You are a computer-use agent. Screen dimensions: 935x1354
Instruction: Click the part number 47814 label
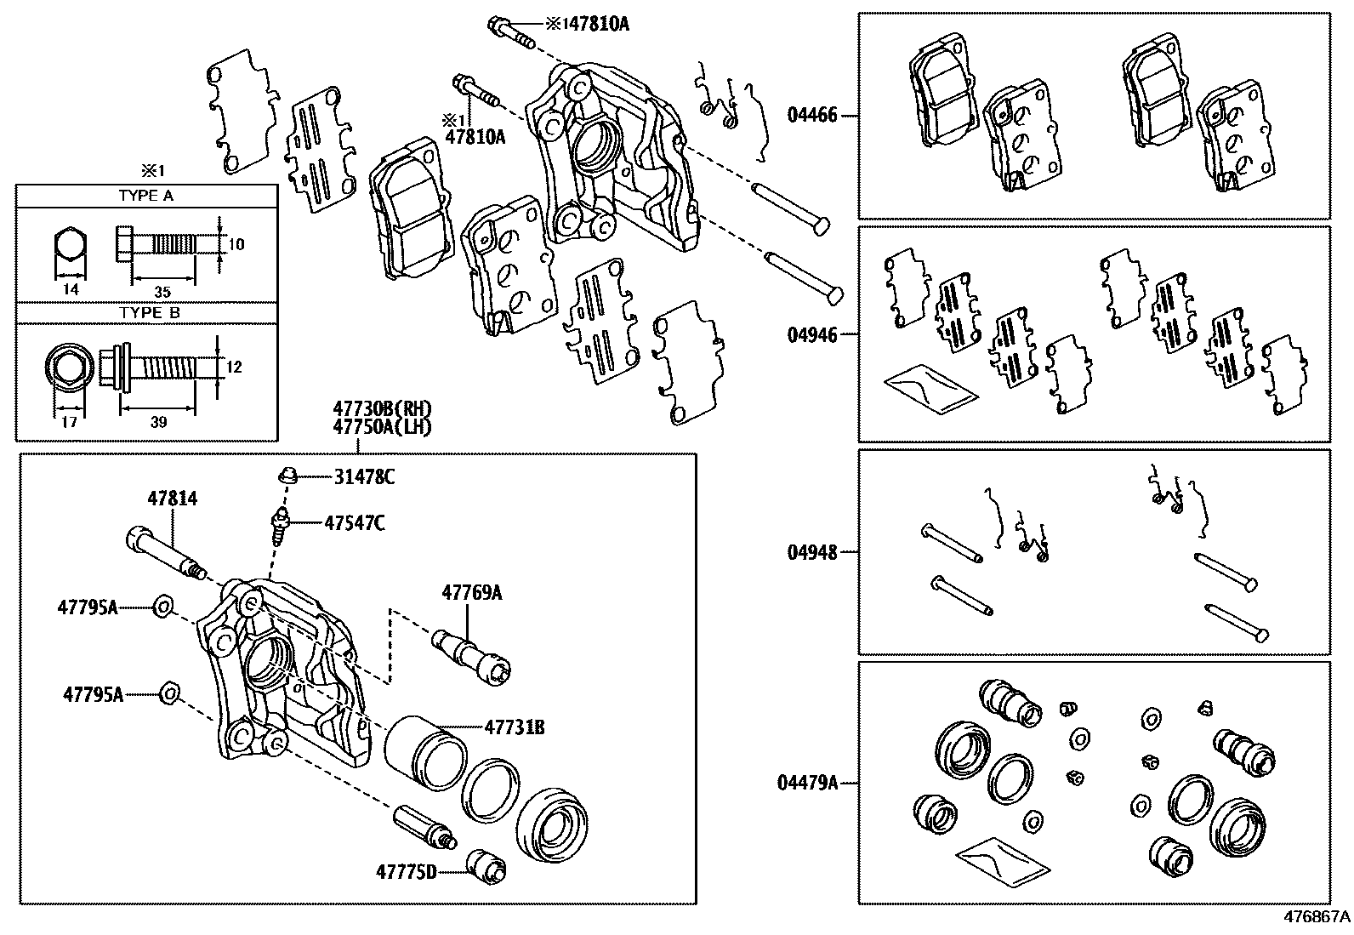click(x=172, y=499)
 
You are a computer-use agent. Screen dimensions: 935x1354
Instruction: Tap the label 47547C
click(x=354, y=522)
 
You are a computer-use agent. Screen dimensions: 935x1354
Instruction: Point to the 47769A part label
click(x=471, y=593)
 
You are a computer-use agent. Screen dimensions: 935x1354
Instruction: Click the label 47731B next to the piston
click(x=515, y=727)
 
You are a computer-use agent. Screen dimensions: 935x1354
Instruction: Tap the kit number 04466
click(x=812, y=115)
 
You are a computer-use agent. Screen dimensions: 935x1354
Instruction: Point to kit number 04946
click(x=812, y=334)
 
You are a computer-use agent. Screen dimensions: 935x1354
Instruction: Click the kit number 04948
click(x=812, y=552)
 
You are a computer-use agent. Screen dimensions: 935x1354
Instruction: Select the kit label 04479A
click(x=807, y=781)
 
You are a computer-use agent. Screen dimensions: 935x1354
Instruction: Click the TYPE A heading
click(x=146, y=196)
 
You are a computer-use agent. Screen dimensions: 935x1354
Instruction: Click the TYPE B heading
click(x=146, y=313)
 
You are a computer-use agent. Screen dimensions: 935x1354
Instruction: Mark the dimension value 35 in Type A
click(x=162, y=291)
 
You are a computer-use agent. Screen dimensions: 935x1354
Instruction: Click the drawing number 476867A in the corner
click(x=1316, y=917)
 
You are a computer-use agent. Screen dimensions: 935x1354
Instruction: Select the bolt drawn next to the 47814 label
click(x=164, y=554)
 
